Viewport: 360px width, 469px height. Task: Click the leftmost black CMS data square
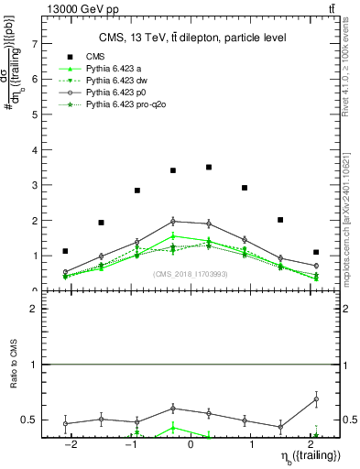coord(65,251)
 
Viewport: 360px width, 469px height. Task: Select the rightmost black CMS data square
coord(315,252)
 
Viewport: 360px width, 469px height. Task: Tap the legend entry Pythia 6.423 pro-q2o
coord(123,105)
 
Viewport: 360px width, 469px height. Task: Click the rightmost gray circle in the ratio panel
coord(315,399)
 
